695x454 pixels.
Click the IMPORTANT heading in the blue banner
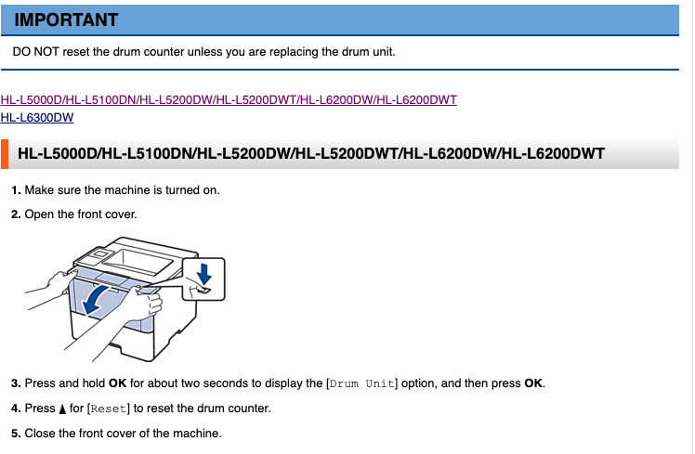pos(66,19)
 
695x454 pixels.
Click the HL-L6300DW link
pos(37,117)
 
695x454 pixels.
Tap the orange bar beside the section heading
pos(5,153)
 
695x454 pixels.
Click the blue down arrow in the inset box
pos(203,273)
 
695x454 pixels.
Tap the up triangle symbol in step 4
pos(63,409)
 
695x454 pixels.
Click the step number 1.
pos(16,190)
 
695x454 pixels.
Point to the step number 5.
pos(16,434)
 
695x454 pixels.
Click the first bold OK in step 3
pos(117,383)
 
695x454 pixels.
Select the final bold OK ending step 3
pos(533,383)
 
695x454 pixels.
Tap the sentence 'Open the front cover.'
pos(81,214)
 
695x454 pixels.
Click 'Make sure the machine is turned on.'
pos(122,190)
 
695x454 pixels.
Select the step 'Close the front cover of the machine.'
pos(123,434)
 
